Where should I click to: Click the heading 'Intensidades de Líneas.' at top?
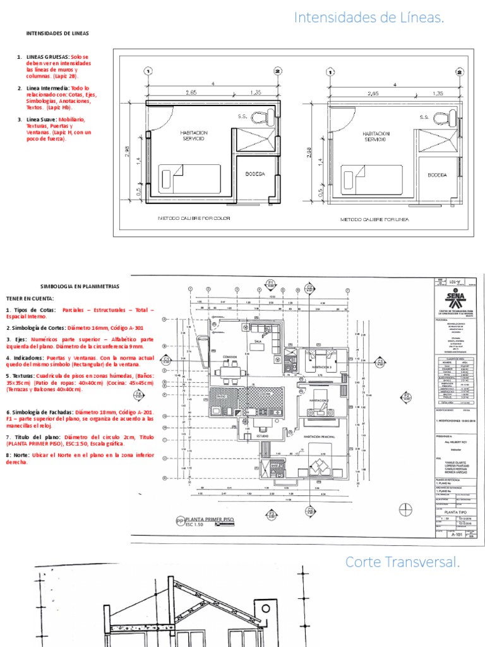[369, 20]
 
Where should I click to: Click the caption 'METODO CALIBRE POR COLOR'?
[194, 219]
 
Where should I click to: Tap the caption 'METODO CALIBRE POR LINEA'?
[375, 219]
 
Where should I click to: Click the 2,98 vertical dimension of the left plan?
[128, 152]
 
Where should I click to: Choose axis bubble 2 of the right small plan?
[460, 71]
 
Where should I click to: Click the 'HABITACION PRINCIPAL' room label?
[317, 437]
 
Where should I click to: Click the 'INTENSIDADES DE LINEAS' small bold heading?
[57, 33]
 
